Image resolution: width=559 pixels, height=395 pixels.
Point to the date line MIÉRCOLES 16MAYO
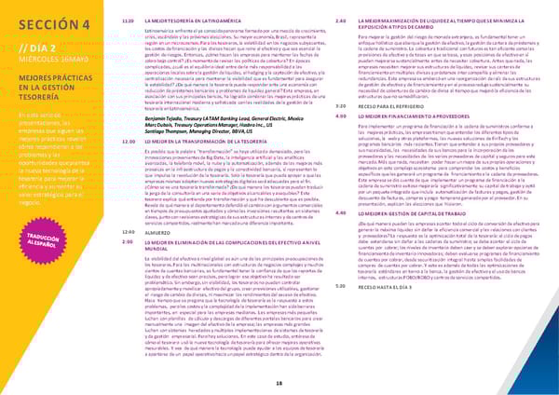51,59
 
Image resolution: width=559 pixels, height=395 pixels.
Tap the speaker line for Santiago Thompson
201,132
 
